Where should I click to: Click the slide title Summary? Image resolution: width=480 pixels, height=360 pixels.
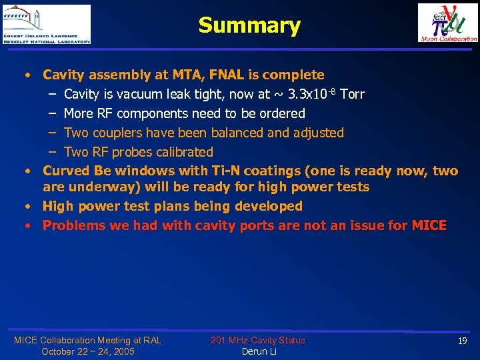click(x=249, y=25)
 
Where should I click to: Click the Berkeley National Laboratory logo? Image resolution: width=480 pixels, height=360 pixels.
click(x=47, y=24)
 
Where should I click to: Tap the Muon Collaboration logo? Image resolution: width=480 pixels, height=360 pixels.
click(x=447, y=23)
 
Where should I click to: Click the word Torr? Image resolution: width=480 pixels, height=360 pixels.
click(x=352, y=94)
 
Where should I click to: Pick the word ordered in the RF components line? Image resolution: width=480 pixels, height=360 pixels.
click(x=282, y=113)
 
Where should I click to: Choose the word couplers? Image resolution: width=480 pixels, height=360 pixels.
click(x=115, y=133)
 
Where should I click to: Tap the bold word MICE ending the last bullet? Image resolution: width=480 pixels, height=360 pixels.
click(x=429, y=225)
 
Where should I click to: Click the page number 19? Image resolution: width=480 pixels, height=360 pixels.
click(x=462, y=341)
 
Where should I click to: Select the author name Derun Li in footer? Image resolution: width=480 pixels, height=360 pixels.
click(x=258, y=351)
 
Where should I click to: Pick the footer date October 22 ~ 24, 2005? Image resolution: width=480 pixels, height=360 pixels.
click(x=87, y=351)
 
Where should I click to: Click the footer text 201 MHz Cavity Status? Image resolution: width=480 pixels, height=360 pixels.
click(x=258, y=340)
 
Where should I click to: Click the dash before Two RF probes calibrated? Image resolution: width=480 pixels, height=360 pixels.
click(x=51, y=152)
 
